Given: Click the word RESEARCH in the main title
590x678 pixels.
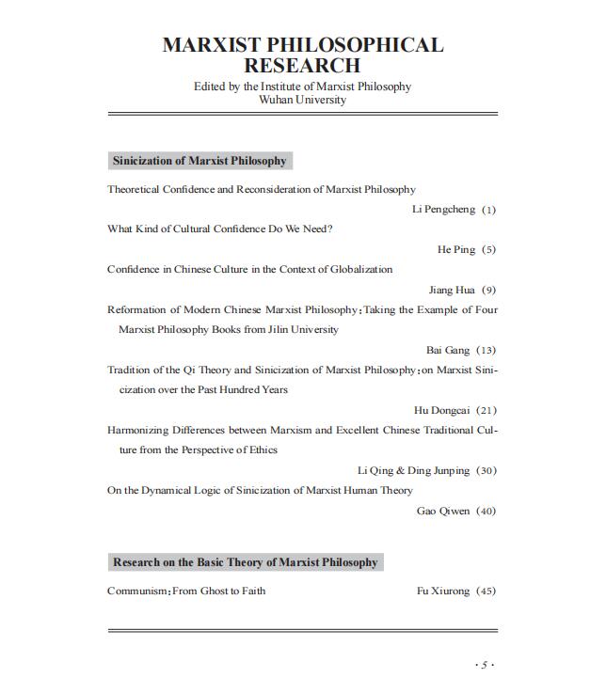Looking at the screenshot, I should click(x=302, y=66).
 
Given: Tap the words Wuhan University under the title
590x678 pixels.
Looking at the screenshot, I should click(x=302, y=100).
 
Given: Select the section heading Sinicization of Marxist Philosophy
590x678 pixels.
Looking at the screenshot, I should click(x=199, y=161).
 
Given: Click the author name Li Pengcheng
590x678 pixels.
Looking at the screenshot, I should click(x=443, y=210).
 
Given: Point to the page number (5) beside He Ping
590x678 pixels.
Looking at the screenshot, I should click(x=488, y=250).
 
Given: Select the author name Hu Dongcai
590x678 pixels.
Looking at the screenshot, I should click(x=441, y=411).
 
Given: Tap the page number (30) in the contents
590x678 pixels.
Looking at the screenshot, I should click(x=486, y=471).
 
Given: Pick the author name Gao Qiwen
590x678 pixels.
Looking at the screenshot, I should click(x=442, y=512).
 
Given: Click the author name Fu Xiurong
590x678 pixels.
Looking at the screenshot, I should click(x=442, y=591).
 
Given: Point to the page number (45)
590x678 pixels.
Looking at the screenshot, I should click(x=486, y=591).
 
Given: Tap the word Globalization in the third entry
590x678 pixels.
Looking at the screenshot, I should click(x=361, y=270).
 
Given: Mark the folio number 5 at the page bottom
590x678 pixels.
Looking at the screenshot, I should click(x=485, y=665).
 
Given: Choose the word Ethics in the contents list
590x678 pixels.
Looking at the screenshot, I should click(x=263, y=450).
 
